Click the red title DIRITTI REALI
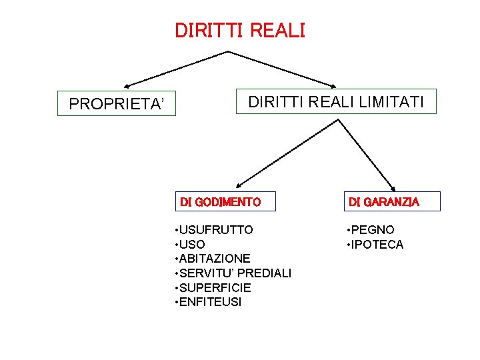(239, 31)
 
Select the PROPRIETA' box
(117, 103)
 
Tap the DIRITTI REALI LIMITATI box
(336, 102)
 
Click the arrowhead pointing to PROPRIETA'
(127, 86)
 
